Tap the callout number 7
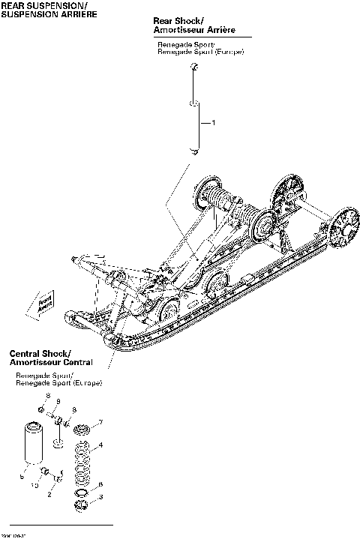pos(100,422)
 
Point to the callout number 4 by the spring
pos(102,446)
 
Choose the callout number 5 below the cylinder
pos(22,477)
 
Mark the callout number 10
pos(34,486)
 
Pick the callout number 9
pos(58,403)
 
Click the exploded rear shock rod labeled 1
pos(193,112)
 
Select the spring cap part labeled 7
pos(82,428)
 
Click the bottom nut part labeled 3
pos(82,509)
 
